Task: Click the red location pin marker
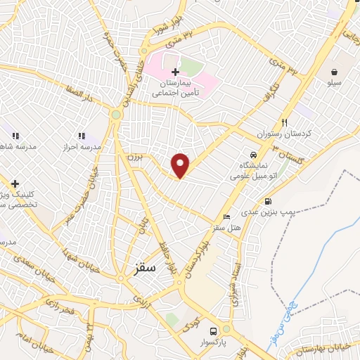[181, 165]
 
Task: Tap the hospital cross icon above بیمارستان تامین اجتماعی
[175, 72]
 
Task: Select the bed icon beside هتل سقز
[226, 216]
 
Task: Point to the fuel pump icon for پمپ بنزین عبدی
[268, 202]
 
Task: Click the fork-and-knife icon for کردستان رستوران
[284, 122]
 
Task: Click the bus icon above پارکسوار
[226, 329]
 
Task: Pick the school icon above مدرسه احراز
[82, 136]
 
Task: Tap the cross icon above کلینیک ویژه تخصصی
[15, 184]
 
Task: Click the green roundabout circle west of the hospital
[116, 114]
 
